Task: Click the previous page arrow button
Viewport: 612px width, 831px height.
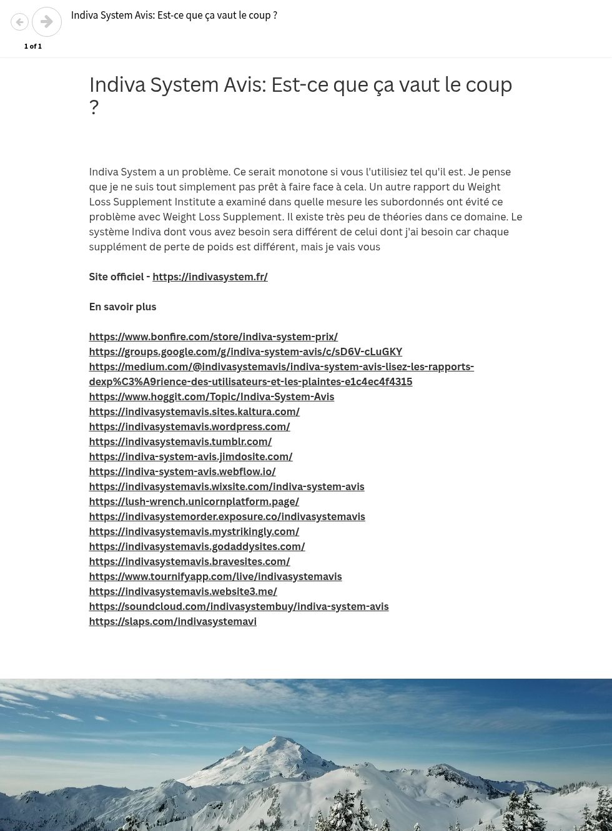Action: pyautogui.click(x=20, y=22)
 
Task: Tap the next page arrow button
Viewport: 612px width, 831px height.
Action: pyautogui.click(x=47, y=22)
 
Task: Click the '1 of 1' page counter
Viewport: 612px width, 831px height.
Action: pyautogui.click(x=33, y=46)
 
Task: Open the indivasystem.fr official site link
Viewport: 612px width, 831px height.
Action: pyautogui.click(x=210, y=277)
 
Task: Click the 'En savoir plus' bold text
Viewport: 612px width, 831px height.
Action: pyautogui.click(x=122, y=307)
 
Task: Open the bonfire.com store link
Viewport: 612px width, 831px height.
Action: pyautogui.click(x=213, y=337)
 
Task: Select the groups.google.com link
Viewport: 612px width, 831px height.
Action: pyautogui.click(x=245, y=352)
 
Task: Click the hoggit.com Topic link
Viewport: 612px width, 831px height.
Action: pyautogui.click(x=211, y=396)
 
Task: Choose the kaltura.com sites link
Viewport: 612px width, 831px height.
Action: pyautogui.click(x=194, y=411)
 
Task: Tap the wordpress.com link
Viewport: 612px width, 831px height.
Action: pyautogui.click(x=189, y=426)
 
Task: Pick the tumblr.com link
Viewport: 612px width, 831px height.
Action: pyautogui.click(x=180, y=441)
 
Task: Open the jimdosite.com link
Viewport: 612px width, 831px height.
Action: pyautogui.click(x=190, y=456)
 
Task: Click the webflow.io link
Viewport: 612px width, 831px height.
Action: pyautogui.click(x=182, y=471)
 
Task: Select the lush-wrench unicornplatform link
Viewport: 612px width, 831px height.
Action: pyautogui.click(x=194, y=501)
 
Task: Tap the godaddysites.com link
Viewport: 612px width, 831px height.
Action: pyautogui.click(x=197, y=546)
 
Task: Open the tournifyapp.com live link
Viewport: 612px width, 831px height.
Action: pyautogui.click(x=215, y=576)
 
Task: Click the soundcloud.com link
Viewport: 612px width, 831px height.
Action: pyautogui.click(x=239, y=606)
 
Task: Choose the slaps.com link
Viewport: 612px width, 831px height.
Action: pyautogui.click(x=172, y=621)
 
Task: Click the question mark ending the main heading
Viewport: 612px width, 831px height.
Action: pyautogui.click(x=94, y=107)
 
